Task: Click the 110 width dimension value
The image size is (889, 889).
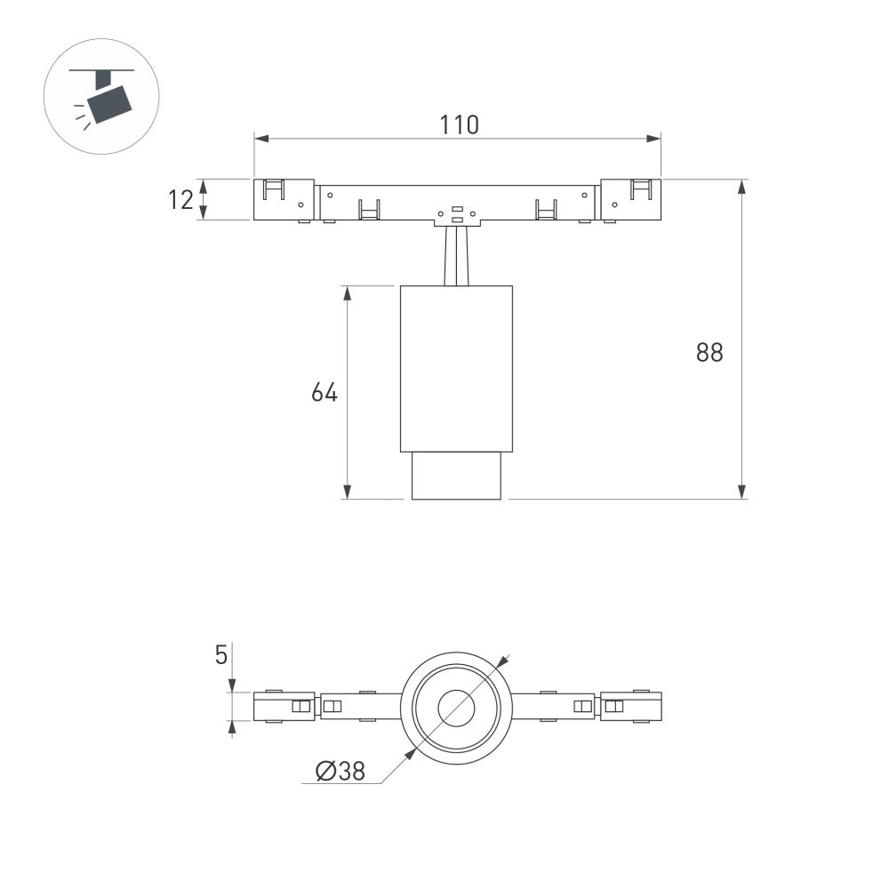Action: [x=460, y=124]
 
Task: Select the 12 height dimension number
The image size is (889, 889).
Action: [x=180, y=200]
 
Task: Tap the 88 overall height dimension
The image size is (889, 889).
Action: [x=709, y=352]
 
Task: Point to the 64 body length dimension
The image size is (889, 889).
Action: [x=324, y=392]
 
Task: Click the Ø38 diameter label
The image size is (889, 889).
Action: [x=340, y=771]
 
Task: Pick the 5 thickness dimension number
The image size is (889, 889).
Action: [x=221, y=656]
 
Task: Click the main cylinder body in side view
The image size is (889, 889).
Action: [x=457, y=369]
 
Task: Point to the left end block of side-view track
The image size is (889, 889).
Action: [x=284, y=200]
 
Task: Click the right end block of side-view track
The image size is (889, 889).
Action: [x=631, y=200]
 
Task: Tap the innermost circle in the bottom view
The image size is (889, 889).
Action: [x=457, y=709]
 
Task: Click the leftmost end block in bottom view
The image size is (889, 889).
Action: [x=284, y=707]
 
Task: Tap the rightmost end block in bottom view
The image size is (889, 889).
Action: [x=630, y=707]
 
